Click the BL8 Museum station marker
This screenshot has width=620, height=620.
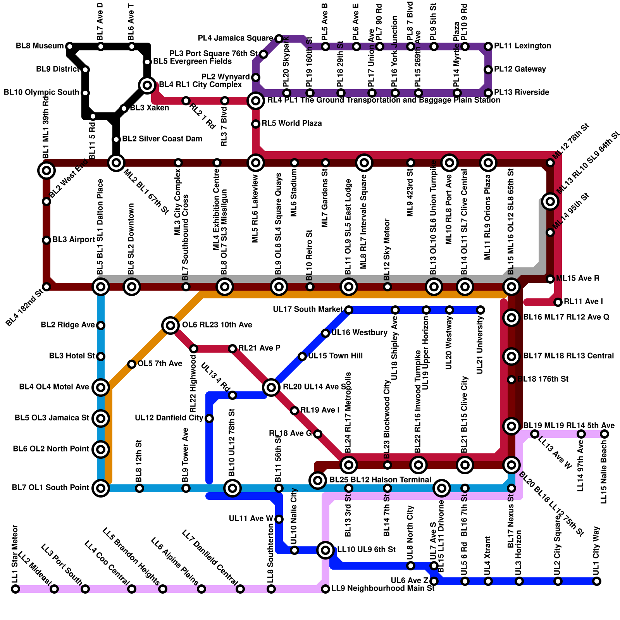[x=70, y=46]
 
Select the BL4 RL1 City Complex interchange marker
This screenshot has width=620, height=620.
[x=147, y=85]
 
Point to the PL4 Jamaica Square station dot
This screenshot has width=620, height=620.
[x=279, y=38]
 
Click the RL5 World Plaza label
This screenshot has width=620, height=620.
[x=291, y=124]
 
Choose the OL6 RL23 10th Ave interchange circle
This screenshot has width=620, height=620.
[x=170, y=325]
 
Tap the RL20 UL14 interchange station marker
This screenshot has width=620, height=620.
[x=271, y=387]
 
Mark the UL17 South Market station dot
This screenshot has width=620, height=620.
[x=348, y=310]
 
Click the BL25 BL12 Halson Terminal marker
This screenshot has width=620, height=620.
[x=318, y=480]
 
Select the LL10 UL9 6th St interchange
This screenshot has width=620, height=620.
[x=325, y=550]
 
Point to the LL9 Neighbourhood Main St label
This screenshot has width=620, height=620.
[x=382, y=589]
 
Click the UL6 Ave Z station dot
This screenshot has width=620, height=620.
[x=434, y=581]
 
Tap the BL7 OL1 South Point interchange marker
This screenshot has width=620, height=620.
[x=101, y=488]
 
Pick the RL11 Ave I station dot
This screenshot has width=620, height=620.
[x=558, y=302]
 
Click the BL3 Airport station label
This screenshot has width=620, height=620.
[x=73, y=240]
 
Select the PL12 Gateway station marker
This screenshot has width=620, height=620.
[x=488, y=70]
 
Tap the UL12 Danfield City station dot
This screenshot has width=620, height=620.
[x=209, y=418]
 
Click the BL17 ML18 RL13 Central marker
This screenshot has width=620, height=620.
[x=511, y=356]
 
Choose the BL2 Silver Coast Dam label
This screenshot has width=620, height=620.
[x=162, y=139]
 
